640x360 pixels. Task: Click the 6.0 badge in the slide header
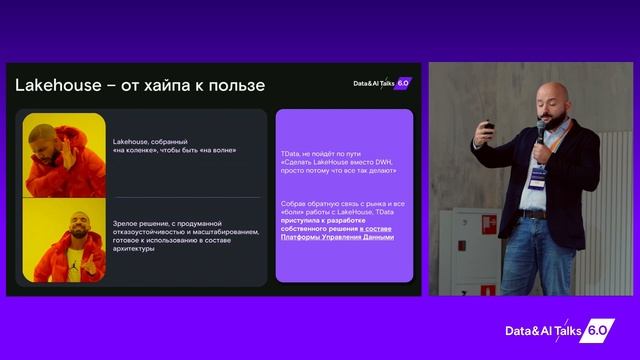click(404, 84)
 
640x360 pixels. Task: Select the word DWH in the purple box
click(391, 163)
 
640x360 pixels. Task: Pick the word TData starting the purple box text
click(292, 154)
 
